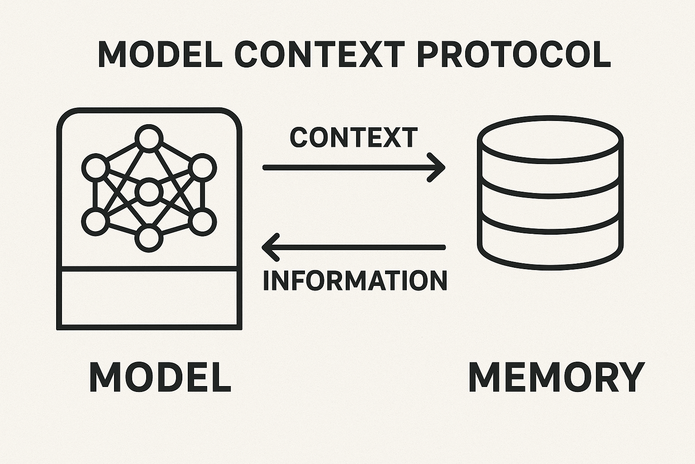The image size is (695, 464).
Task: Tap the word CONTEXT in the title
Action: point(319,54)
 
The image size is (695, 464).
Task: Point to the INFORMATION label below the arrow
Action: point(355,280)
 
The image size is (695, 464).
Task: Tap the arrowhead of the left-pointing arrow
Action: point(271,247)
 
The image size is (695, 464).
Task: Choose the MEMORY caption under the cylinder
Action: point(556,377)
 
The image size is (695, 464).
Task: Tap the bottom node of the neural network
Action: point(149,239)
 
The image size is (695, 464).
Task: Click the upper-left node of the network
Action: point(95,167)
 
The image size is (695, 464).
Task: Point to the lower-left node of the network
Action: point(95,222)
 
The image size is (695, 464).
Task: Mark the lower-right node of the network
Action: point(203,222)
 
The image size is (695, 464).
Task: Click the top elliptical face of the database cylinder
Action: point(550,138)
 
